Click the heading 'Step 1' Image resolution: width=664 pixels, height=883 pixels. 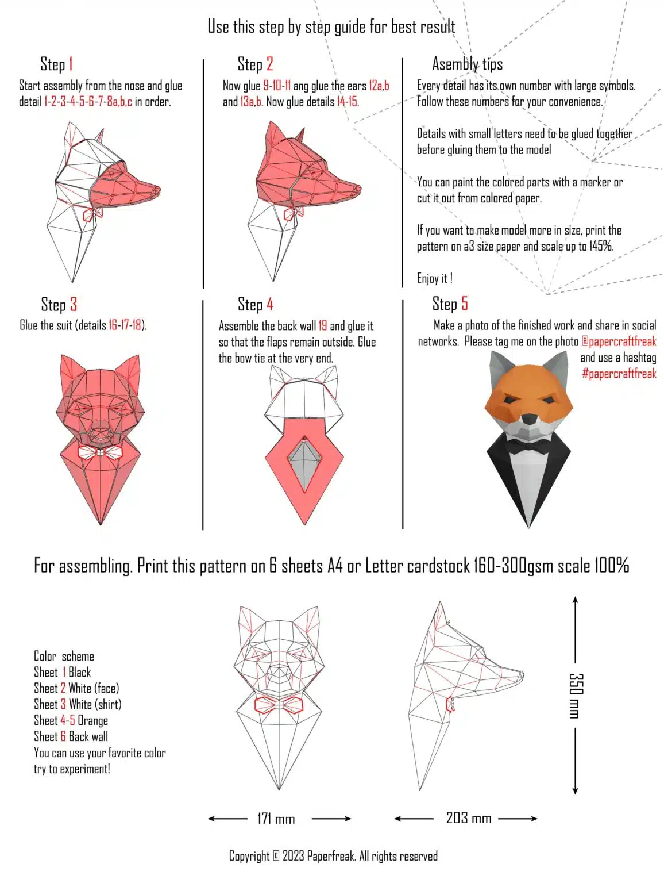tap(56, 64)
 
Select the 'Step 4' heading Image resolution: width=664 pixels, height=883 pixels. tap(255, 304)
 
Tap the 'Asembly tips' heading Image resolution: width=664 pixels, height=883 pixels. tap(467, 64)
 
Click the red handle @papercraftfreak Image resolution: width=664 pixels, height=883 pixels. tap(618, 341)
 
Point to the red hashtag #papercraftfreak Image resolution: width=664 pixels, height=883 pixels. tap(618, 374)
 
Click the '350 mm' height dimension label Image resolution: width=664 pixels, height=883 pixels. tap(576, 696)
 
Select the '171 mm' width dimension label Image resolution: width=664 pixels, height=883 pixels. tap(276, 819)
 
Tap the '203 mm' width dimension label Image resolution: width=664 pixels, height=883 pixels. tap(468, 818)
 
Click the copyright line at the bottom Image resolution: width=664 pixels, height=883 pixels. tap(333, 856)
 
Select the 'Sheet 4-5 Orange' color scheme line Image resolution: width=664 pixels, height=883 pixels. tap(71, 721)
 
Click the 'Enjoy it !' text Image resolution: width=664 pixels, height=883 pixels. tap(434, 279)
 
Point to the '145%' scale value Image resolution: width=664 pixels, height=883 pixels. tap(601, 247)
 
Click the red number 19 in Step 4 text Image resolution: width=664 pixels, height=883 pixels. tap(322, 326)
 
